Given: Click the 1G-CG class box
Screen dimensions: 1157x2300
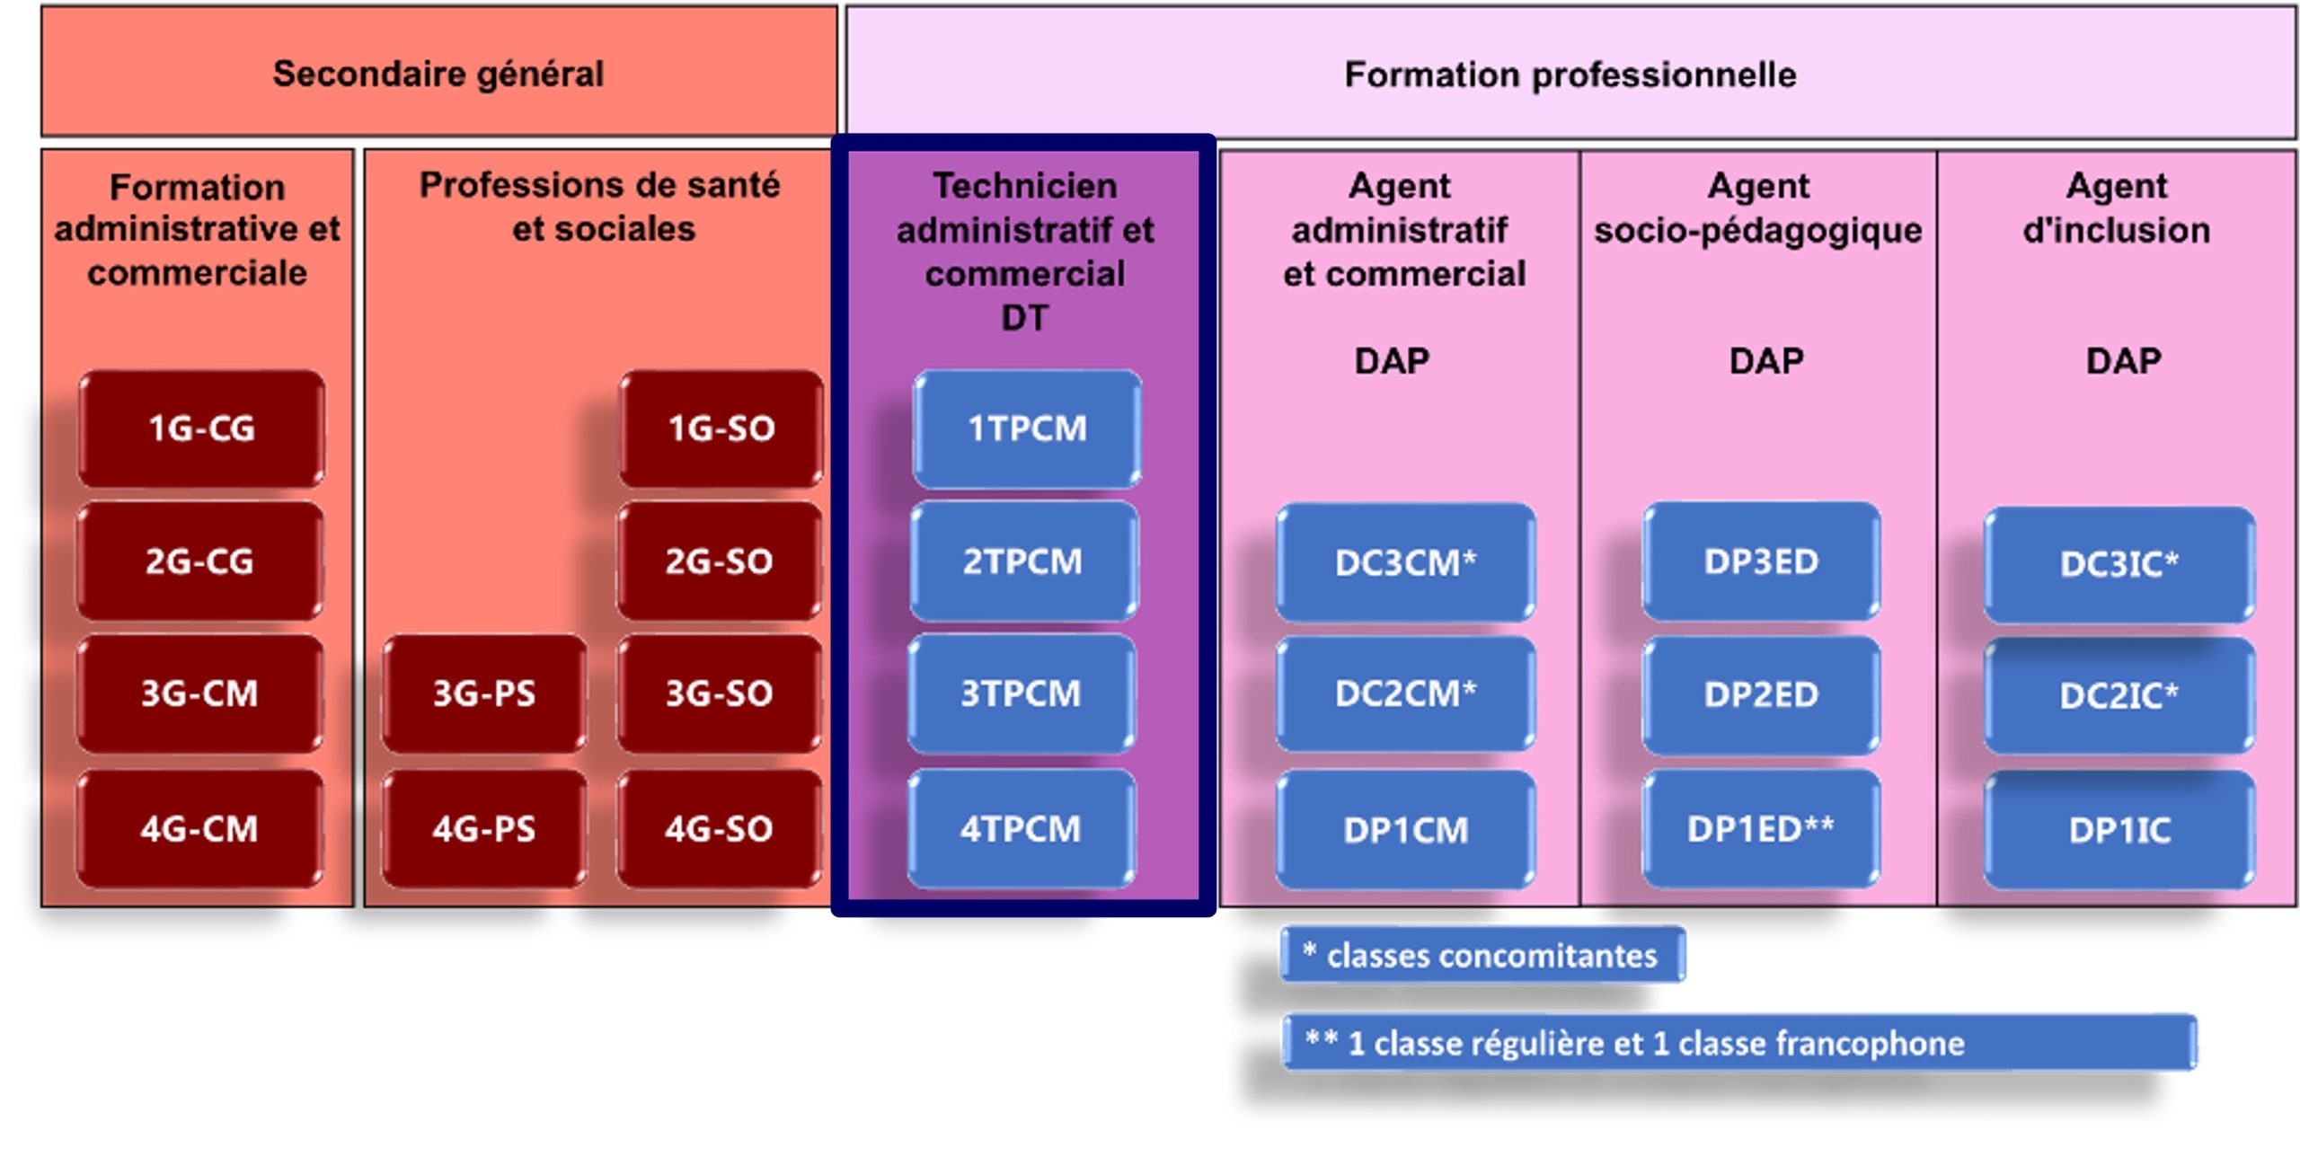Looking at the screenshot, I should [201, 428].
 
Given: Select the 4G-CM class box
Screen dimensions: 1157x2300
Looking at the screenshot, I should [199, 828].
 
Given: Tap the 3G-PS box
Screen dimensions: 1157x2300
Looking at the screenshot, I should [484, 693].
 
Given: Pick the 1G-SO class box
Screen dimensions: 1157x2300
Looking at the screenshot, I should [721, 428].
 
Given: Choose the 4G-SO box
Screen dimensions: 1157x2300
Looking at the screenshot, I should [719, 828].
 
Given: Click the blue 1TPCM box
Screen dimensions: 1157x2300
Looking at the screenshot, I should [1027, 428].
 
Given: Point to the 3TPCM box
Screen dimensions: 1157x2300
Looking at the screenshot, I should [1022, 693].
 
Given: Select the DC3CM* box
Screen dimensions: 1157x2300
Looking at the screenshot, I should [1405, 563].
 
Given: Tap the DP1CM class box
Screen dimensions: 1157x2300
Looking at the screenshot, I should [1405, 830].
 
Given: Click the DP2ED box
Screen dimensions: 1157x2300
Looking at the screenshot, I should [1761, 694].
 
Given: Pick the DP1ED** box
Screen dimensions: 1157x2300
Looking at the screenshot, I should [1761, 828].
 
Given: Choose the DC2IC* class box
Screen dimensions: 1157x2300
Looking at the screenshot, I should [2119, 695].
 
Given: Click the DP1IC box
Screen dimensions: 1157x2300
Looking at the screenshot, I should [2119, 830].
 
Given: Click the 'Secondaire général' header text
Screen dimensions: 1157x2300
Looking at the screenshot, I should [438, 74].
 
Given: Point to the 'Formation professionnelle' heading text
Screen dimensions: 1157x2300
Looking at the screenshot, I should [1570, 75].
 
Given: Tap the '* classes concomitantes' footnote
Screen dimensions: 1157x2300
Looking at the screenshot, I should [1482, 955].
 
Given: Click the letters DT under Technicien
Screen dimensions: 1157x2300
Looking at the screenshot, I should [1024, 318].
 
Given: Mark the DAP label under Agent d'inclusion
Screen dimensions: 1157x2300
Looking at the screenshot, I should [2123, 361].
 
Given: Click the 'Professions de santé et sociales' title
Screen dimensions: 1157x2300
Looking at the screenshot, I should [600, 207].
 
